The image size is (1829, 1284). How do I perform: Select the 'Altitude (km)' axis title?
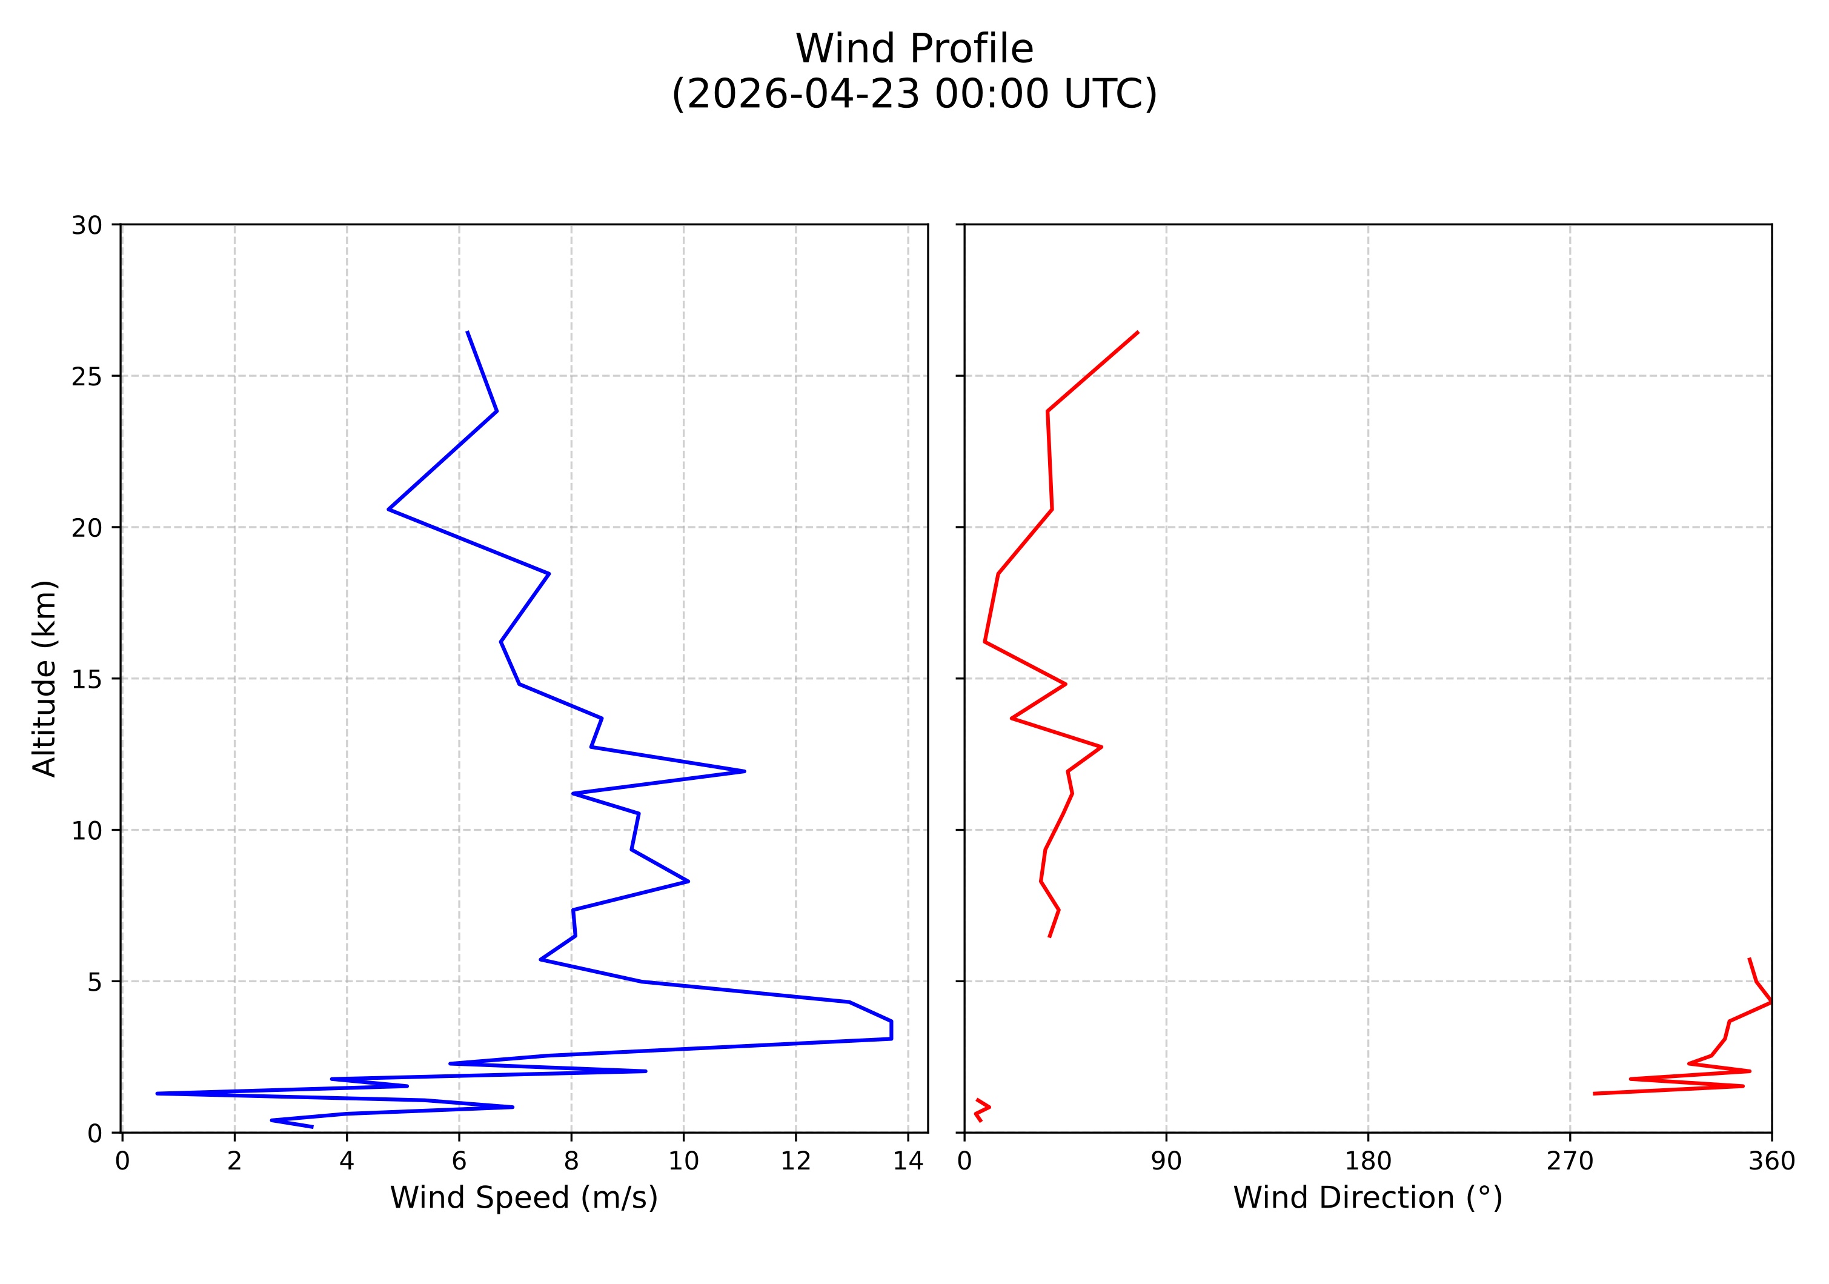coord(45,678)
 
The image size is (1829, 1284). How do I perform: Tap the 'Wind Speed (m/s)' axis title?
coord(523,1197)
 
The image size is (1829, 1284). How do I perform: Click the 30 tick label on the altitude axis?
coord(87,225)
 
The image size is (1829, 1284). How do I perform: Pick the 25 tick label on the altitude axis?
coord(87,377)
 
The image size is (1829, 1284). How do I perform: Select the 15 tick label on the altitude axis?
coord(87,679)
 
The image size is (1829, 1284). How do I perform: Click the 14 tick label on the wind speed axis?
coord(908,1162)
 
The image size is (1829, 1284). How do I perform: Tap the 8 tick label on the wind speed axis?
coord(571,1162)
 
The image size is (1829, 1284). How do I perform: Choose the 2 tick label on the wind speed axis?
coord(234,1162)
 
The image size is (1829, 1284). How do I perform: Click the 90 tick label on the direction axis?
coord(1166,1162)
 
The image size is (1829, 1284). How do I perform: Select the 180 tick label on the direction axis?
coord(1368,1162)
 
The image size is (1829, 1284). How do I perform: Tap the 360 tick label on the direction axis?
coord(1771,1162)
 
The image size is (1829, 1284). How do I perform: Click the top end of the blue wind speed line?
coord(468,332)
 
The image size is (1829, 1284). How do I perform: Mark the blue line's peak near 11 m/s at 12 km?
coord(744,771)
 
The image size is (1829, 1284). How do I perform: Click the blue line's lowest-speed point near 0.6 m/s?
coord(157,1094)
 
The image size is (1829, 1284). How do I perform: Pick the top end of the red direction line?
coord(1138,332)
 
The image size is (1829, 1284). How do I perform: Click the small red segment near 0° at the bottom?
coord(981,1109)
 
